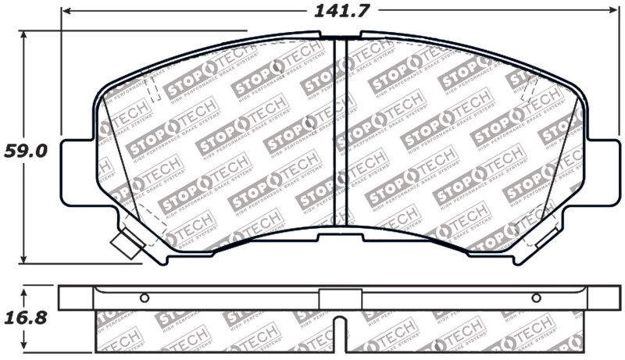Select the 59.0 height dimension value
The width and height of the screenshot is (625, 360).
coord(25,150)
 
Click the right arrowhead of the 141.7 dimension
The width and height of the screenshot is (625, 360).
coord(613,12)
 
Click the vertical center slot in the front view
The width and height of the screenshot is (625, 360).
coord(340,133)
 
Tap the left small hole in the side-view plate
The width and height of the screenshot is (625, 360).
coord(144,298)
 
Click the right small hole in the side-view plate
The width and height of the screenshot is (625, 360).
coord(536,298)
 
